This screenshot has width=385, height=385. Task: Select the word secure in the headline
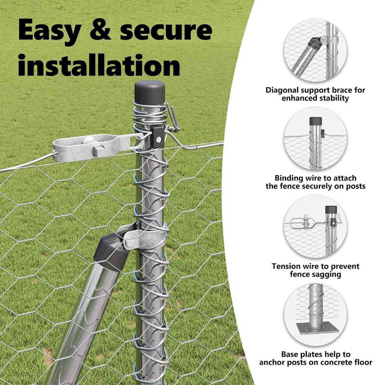click(166, 30)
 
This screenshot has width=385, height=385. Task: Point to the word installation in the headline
click(99, 65)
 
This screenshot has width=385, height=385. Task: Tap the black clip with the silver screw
click(157, 137)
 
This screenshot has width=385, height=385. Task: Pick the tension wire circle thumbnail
click(315, 227)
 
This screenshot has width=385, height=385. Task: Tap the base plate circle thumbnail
click(315, 315)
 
